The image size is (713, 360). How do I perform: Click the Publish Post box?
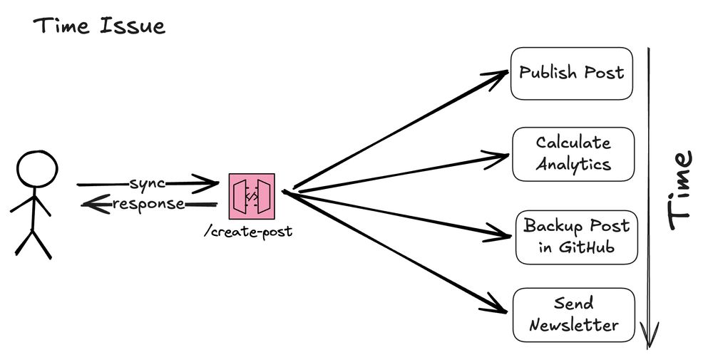[x=572, y=73]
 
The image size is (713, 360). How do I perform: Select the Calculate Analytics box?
[x=573, y=154]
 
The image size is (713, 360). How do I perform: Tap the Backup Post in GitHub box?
[x=576, y=237]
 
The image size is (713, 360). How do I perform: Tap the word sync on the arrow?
[x=147, y=183]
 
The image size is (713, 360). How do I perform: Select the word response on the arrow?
[x=149, y=205]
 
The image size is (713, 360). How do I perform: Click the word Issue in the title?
[x=135, y=27]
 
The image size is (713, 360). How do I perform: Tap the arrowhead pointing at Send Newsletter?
[x=501, y=308]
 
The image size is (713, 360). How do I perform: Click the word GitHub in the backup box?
[x=586, y=247]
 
